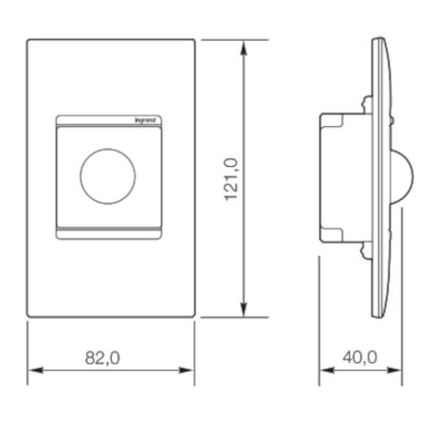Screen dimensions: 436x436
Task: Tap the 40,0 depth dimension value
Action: pyautogui.click(x=359, y=357)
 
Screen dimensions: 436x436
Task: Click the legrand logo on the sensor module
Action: pyautogui.click(x=152, y=118)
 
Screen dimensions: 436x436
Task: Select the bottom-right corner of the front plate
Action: pyautogui.click(x=193, y=315)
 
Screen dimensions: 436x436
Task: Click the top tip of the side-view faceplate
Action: pyautogui.click(x=377, y=41)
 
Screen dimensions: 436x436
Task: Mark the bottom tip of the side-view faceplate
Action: pyautogui.click(x=377, y=315)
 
